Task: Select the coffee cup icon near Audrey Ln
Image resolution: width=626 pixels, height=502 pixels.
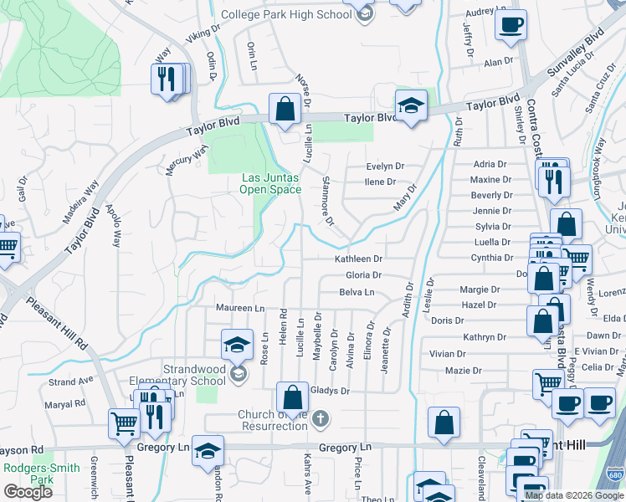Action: pos(511,25)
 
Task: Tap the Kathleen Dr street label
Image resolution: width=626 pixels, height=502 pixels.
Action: pos(358,259)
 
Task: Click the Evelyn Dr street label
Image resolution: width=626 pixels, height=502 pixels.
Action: pos(384,166)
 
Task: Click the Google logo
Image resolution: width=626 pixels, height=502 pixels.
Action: pos(28,492)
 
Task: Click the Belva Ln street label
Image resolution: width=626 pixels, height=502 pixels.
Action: pos(357,292)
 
